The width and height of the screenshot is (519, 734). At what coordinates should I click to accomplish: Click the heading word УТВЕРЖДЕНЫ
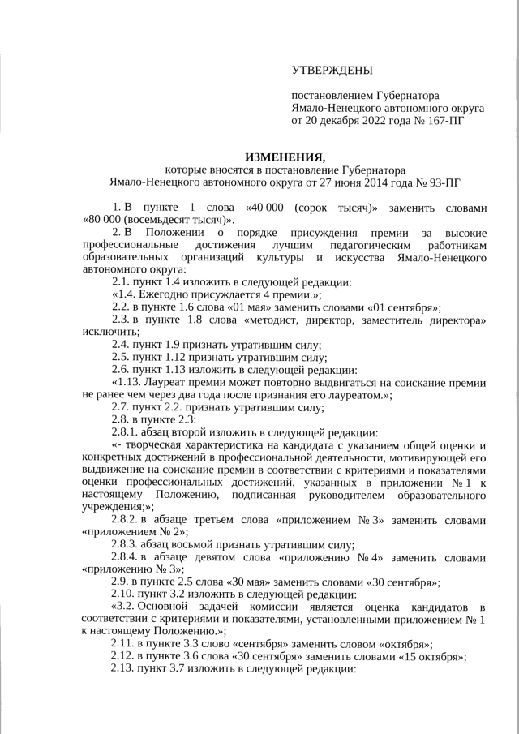point(332,71)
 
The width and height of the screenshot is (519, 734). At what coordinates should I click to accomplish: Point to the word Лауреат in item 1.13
point(165,382)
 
